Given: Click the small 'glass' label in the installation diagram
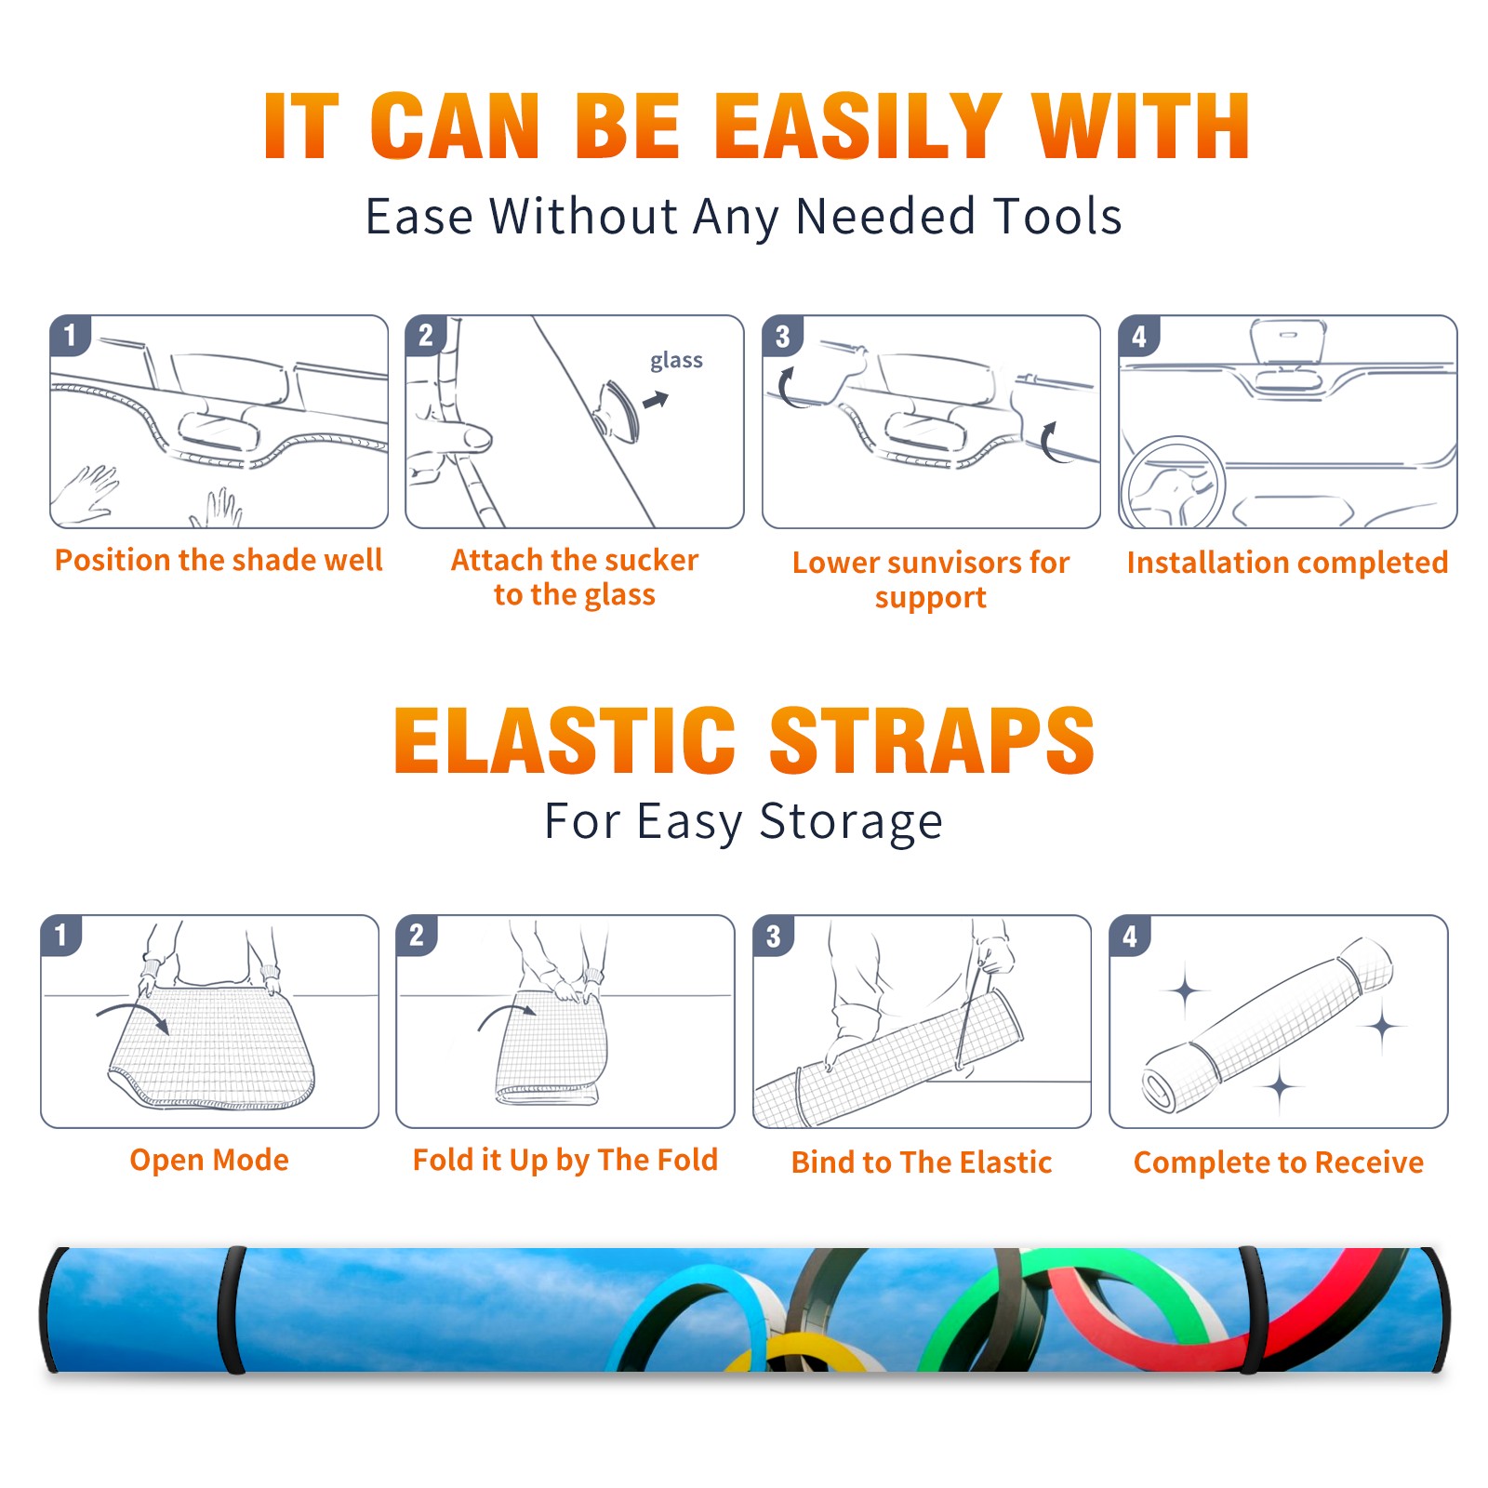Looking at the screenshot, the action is (x=676, y=361).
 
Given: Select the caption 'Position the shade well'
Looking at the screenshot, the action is (x=219, y=560).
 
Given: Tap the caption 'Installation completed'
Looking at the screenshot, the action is (x=1287, y=563).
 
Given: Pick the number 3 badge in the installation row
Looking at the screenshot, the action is (x=782, y=336).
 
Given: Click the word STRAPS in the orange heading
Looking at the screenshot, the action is (x=932, y=740).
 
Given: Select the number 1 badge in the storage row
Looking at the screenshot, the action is (x=61, y=936).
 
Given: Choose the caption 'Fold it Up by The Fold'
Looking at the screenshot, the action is (x=565, y=1160).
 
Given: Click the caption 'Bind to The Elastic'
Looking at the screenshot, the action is (x=922, y=1162).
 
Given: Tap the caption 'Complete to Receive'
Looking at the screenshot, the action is (x=1279, y=1162).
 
